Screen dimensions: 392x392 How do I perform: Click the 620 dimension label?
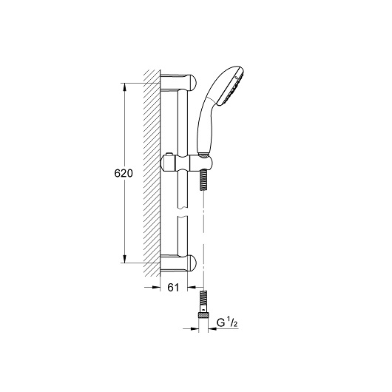click(x=124, y=173)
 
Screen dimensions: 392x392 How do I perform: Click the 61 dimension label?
click(x=173, y=288)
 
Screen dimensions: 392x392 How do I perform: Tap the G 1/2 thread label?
click(x=227, y=323)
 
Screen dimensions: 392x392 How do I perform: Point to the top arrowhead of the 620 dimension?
click(x=124, y=87)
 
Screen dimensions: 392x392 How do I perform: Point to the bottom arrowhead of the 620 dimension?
click(x=124, y=259)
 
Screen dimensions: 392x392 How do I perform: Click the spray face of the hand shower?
click(x=232, y=87)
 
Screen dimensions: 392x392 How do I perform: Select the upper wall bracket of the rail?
click(x=178, y=83)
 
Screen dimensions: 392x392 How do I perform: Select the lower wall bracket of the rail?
click(x=178, y=263)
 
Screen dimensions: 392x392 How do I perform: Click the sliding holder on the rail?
click(x=188, y=163)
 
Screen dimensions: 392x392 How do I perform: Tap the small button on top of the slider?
click(x=169, y=155)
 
